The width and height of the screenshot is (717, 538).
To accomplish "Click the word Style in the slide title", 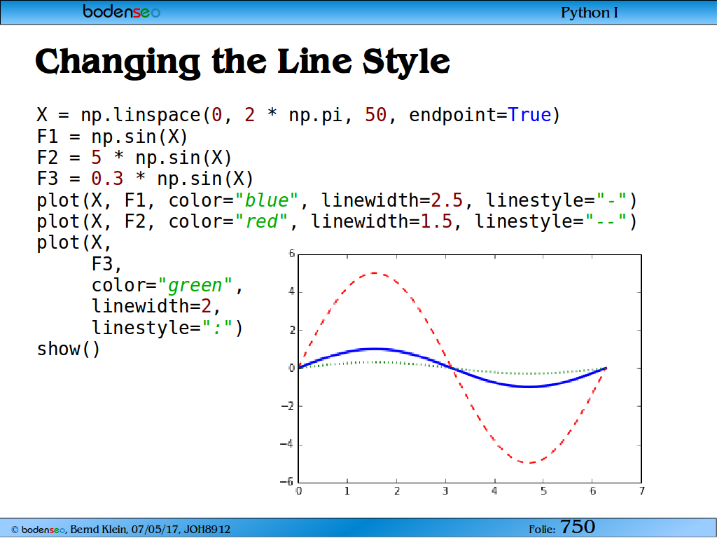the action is tap(407, 62).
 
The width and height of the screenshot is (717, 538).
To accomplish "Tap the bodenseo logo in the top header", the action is tap(122, 11).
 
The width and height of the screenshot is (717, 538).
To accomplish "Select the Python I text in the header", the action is tap(590, 13).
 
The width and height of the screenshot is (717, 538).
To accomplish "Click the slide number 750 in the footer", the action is tap(578, 527).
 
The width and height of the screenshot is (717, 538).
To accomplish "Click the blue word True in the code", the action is tap(529, 115).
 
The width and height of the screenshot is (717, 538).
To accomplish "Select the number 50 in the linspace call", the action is tap(375, 115).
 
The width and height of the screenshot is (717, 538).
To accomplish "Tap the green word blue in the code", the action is tap(267, 200).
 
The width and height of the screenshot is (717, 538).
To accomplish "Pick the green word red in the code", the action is tap(262, 221).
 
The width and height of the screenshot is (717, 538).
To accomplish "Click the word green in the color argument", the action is tap(195, 286).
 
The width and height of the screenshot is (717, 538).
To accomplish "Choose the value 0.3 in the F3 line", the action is tap(107, 179).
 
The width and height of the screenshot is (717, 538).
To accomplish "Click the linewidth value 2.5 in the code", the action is tap(447, 200).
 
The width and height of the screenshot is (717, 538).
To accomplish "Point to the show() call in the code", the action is tap(68, 349).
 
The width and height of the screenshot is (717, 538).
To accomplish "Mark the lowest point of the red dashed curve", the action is tap(529, 462).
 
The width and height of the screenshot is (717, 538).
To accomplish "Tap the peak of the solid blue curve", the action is tap(375, 349).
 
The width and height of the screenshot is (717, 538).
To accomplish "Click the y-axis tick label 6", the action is tap(292, 254).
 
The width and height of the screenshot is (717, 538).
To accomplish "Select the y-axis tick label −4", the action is tap(286, 443).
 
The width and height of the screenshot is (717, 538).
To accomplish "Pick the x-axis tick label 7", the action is tap(642, 491).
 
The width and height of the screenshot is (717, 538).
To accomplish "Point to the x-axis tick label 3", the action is tap(445, 491).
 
